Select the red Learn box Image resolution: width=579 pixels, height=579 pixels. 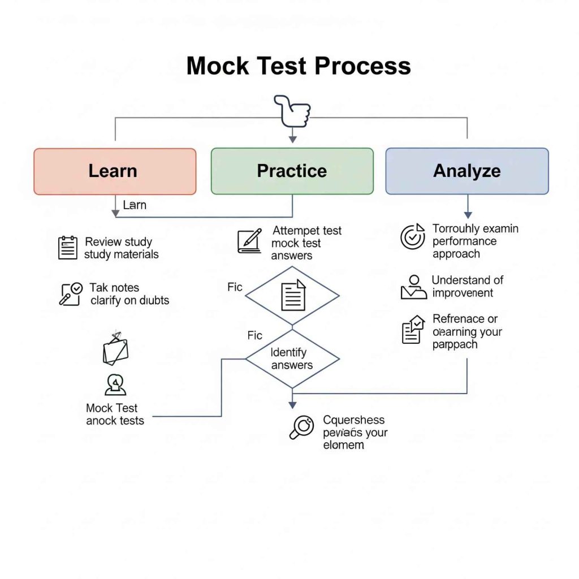(x=115, y=171)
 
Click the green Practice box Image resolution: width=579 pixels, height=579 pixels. (x=292, y=171)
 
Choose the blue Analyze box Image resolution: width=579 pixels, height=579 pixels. (x=466, y=171)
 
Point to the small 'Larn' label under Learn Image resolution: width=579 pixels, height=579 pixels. (x=135, y=205)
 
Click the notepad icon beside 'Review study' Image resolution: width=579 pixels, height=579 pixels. (x=68, y=248)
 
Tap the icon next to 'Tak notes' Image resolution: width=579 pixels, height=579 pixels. (x=71, y=294)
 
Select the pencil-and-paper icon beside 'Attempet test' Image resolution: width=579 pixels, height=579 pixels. (x=249, y=241)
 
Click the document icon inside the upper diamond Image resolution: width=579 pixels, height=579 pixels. (x=293, y=295)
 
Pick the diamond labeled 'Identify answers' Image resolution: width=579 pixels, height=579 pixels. (x=292, y=358)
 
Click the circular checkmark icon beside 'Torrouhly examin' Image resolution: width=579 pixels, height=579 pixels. (x=412, y=237)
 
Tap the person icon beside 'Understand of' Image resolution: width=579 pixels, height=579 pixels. (x=413, y=287)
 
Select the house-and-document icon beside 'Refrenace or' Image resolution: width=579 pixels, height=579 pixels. (x=413, y=330)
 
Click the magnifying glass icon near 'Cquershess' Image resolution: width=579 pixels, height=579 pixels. (x=301, y=427)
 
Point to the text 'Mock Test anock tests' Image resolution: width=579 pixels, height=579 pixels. (x=115, y=414)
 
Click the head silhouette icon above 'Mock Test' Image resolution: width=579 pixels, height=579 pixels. (x=115, y=384)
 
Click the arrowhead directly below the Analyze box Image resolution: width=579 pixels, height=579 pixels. (x=468, y=215)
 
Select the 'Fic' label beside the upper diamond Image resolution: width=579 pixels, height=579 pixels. (x=235, y=287)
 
